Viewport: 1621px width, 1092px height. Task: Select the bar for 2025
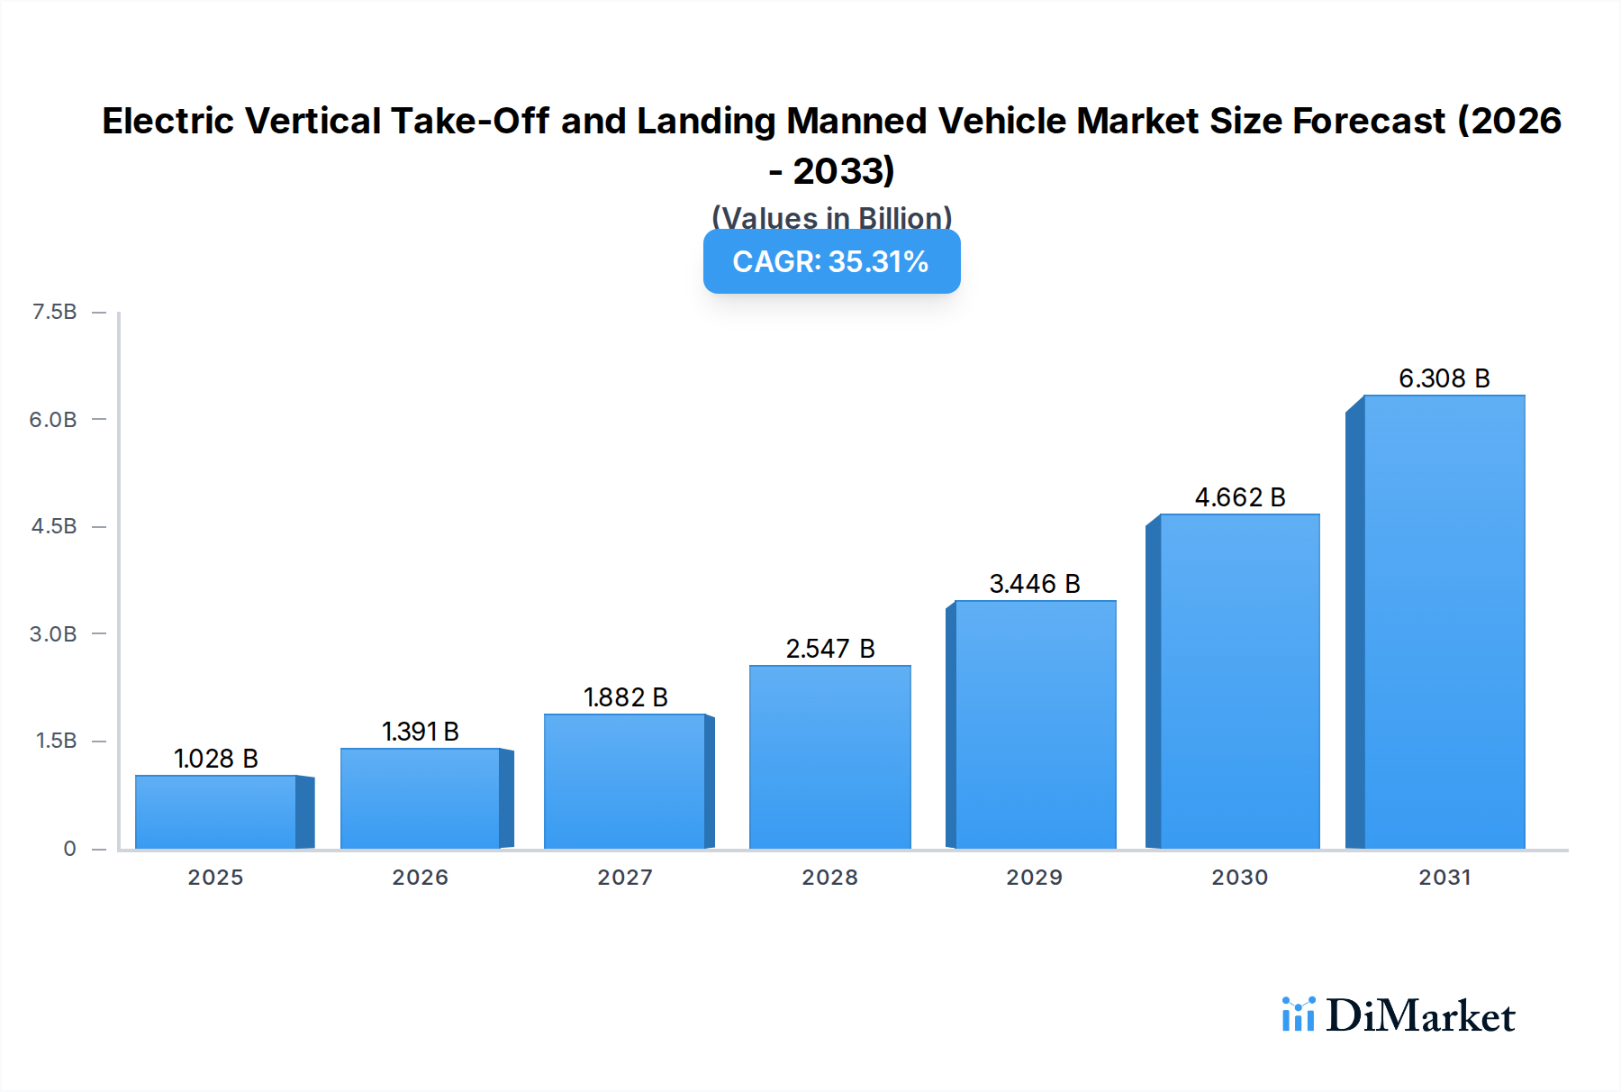point(216,812)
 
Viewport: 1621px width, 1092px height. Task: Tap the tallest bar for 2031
point(1444,622)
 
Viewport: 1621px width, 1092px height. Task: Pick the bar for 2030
point(1239,681)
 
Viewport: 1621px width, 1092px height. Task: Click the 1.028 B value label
point(216,759)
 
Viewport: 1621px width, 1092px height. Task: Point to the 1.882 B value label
point(625,697)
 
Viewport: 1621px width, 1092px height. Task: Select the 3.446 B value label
point(1034,584)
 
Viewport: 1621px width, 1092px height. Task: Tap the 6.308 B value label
point(1444,378)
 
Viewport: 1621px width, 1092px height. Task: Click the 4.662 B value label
point(1239,497)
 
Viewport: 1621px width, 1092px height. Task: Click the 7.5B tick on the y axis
point(55,312)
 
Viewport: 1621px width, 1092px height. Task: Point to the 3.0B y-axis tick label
point(53,633)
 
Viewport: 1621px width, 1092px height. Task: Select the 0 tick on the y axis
point(69,849)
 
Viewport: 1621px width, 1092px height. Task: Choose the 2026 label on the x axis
point(420,878)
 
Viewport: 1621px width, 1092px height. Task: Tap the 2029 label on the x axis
point(1034,878)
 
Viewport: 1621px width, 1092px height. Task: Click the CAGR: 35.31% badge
point(831,261)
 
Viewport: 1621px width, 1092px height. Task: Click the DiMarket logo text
point(1420,1016)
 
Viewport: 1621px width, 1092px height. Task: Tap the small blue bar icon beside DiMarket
point(1298,1015)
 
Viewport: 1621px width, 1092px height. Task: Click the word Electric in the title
point(167,122)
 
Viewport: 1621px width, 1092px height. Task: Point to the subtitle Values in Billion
point(831,218)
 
